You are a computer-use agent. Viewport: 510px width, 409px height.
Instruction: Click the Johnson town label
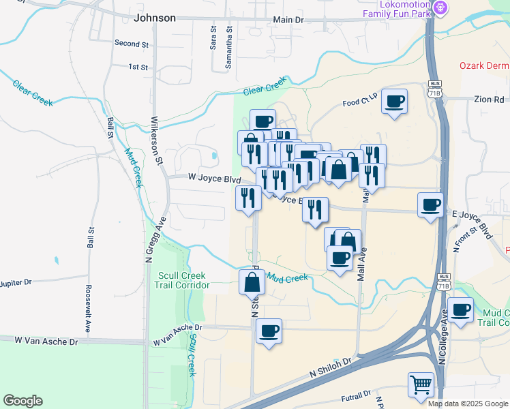(x=155, y=18)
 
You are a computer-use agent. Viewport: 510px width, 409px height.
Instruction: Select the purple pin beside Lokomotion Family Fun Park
(x=441, y=8)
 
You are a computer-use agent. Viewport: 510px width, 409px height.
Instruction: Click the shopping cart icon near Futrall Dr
(x=421, y=385)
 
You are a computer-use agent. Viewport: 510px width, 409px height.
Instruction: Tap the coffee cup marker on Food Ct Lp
(x=394, y=102)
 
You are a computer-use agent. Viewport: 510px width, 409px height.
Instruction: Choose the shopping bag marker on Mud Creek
(x=252, y=282)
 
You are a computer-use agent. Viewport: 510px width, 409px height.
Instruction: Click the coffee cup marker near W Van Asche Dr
(x=269, y=331)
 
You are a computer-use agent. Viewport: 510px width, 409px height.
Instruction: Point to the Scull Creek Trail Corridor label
(x=183, y=279)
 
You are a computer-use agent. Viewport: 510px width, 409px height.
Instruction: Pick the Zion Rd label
(x=490, y=99)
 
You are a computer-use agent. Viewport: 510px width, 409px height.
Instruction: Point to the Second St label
(x=132, y=44)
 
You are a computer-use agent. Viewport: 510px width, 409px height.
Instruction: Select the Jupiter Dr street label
(x=16, y=282)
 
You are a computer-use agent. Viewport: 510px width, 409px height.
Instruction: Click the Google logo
(x=22, y=401)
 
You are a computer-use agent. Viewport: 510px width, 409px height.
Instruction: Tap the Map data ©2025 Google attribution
(x=467, y=404)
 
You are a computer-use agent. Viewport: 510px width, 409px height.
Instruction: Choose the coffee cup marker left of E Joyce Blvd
(x=430, y=204)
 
